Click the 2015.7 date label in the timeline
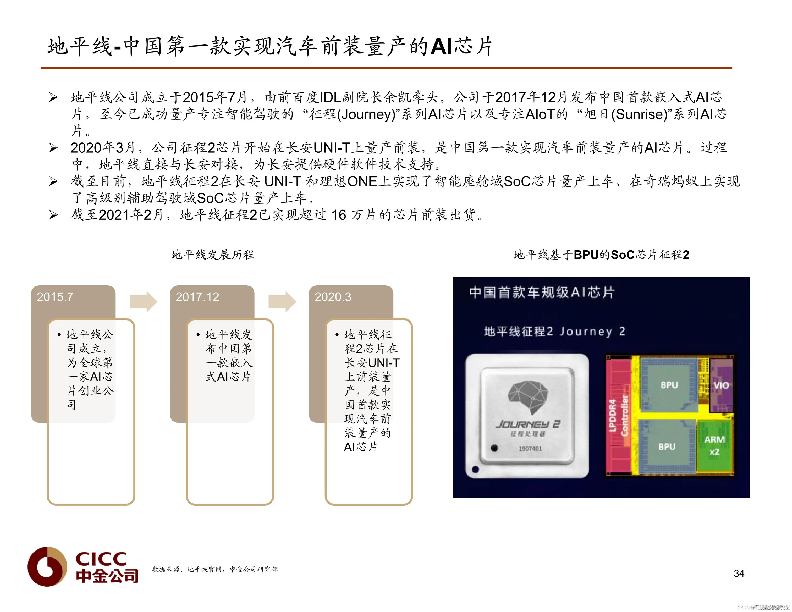click(55, 297)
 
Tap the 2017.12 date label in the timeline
click(197, 297)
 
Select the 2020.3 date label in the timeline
click(333, 297)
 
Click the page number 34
click(739, 573)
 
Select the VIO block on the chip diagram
click(721, 385)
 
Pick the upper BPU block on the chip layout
click(669, 385)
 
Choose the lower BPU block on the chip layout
click(667, 447)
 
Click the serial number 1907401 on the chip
click(530, 449)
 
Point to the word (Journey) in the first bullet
click(366, 114)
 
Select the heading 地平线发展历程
click(213, 255)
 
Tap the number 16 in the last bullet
click(339, 215)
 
